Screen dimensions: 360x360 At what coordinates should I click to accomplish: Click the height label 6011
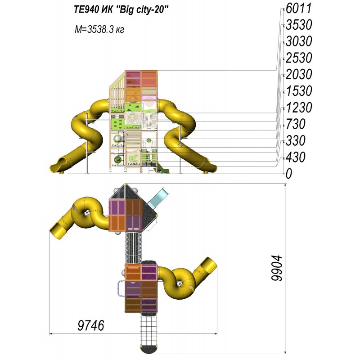click(x=298, y=9)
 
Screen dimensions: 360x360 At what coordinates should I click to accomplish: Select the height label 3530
click(x=299, y=25)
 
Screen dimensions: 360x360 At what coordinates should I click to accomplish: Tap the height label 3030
click(x=299, y=41)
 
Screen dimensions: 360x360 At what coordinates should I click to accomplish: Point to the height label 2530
click(x=299, y=58)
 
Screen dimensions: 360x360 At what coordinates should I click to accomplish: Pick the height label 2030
click(x=299, y=74)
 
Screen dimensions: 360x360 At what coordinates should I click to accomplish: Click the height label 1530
click(x=299, y=91)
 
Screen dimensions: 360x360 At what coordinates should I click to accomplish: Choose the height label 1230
click(x=299, y=108)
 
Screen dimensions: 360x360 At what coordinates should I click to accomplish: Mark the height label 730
click(x=296, y=124)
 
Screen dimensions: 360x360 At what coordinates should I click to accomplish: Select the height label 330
click(x=296, y=141)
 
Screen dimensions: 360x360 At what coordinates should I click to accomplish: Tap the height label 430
click(x=296, y=157)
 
